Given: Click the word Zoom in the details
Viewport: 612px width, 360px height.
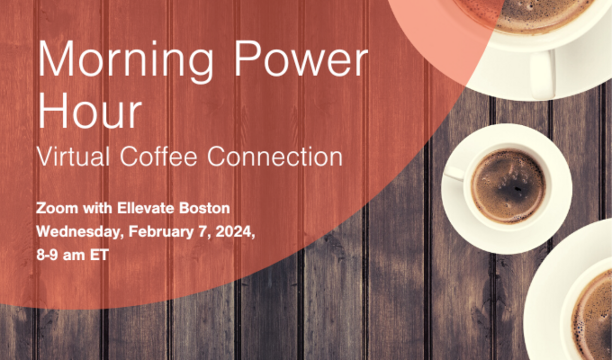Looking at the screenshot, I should click(x=55, y=209).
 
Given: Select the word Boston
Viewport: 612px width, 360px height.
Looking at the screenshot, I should click(x=205, y=209).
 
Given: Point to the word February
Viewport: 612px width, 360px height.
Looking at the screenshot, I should click(x=157, y=232).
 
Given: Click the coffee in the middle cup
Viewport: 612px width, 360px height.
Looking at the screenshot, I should click(x=508, y=187).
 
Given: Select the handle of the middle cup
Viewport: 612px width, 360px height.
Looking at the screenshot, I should click(x=454, y=173).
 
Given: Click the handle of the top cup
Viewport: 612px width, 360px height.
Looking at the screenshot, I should click(x=543, y=74).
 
